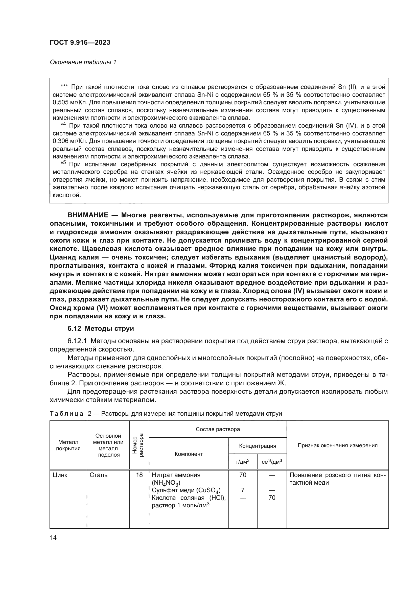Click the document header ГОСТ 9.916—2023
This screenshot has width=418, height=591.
(x=80, y=42)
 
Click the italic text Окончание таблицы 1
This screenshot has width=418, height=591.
(x=83, y=62)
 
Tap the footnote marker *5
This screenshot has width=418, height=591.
(x=63, y=163)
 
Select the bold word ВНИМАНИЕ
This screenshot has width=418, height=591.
(x=88, y=215)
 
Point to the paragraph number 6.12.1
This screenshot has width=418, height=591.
(x=78, y=341)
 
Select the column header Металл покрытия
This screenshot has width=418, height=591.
(x=68, y=445)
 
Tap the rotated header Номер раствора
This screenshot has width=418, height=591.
(x=139, y=445)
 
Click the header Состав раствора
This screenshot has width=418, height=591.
(x=218, y=429)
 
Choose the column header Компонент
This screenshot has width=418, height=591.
(x=189, y=454)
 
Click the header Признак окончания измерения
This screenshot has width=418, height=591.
(x=337, y=445)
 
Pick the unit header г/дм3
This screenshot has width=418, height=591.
(x=243, y=462)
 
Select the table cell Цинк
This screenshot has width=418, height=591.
(x=60, y=475)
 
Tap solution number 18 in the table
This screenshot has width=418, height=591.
(x=139, y=475)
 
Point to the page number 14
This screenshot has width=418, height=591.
(x=53, y=537)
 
